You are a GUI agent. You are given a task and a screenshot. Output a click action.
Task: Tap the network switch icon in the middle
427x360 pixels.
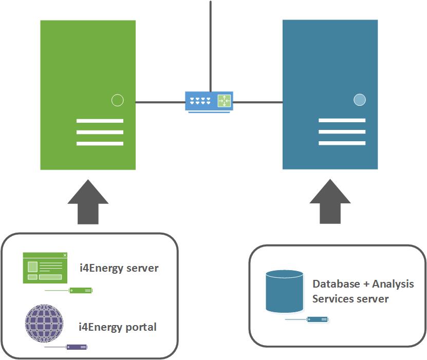pyautogui.click(x=209, y=101)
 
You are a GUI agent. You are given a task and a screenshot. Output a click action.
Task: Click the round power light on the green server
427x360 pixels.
pyautogui.click(x=118, y=100)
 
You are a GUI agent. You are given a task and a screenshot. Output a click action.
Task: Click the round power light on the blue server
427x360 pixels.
pyautogui.click(x=360, y=100)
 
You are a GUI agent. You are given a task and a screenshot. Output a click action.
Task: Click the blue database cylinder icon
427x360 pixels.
pyautogui.click(x=284, y=292)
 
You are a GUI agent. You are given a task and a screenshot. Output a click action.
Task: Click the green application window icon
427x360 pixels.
pyautogui.click(x=45, y=268)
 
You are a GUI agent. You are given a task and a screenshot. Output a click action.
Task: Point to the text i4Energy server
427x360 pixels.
pyautogui.click(x=119, y=268)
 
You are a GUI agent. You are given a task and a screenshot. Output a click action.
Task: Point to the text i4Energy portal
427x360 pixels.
pyautogui.click(x=117, y=327)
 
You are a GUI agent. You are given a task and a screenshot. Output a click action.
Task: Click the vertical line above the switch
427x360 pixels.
pyautogui.click(x=210, y=46)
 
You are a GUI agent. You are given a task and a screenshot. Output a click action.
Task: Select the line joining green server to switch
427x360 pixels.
pyautogui.click(x=160, y=102)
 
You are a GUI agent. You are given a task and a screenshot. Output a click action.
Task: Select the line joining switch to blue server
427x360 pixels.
pyautogui.click(x=257, y=102)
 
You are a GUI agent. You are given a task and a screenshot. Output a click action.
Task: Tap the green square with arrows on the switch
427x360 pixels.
pyautogui.click(x=224, y=101)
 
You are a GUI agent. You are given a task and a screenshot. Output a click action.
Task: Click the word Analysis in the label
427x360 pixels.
pyautogui.click(x=393, y=284)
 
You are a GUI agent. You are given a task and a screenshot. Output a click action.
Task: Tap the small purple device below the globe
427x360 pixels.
pyautogui.click(x=78, y=347)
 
